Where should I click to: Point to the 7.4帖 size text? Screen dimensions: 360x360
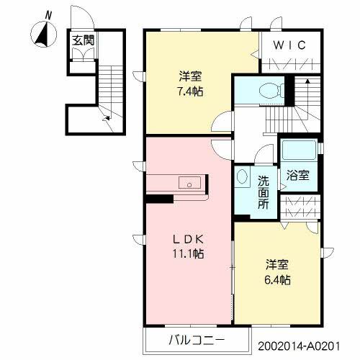[x=190, y=91]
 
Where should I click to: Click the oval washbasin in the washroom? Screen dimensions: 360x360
[x=243, y=177]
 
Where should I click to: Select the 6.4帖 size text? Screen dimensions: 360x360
[x=276, y=279]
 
